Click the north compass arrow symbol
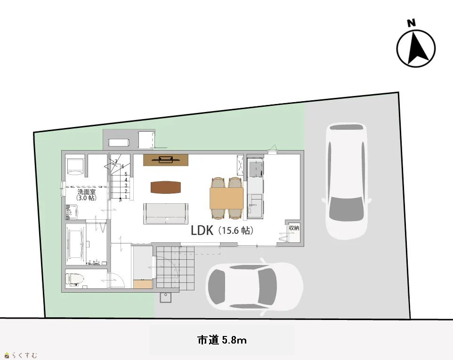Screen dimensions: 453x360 416,48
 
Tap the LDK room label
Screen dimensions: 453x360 202,231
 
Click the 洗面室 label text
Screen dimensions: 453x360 86,192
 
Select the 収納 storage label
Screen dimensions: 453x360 294,228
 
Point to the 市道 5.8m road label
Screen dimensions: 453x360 222,340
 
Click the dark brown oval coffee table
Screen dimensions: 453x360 166,187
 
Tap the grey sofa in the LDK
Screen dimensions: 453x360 166,214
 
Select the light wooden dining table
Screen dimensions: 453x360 226,198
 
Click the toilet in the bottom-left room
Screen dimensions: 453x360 74,279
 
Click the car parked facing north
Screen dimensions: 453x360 347,181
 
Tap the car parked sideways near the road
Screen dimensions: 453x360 254,287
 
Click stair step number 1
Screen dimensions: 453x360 126,197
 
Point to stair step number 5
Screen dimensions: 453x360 126,174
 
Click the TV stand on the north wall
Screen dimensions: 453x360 166,160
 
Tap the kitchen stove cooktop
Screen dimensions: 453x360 256,168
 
